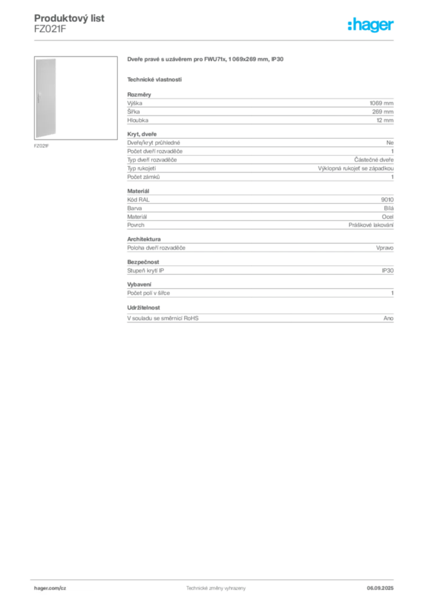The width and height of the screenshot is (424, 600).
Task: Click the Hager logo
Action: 371,25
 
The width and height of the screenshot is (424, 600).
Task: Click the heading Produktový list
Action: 69,18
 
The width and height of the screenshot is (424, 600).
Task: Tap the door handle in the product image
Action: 39,98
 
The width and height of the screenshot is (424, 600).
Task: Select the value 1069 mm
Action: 381,103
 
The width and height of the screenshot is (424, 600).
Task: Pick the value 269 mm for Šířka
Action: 382,112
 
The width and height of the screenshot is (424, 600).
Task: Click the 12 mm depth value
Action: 385,120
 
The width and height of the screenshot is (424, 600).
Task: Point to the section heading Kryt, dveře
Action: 142,134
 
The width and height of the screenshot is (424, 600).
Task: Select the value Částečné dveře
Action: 374,160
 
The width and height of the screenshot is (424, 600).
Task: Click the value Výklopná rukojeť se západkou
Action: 355,168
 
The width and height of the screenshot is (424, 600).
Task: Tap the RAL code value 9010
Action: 387,200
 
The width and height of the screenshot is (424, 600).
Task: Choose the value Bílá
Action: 388,208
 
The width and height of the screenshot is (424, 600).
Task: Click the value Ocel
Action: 388,217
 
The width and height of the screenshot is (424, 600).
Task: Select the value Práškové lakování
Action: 371,225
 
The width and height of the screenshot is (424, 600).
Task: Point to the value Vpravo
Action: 385,248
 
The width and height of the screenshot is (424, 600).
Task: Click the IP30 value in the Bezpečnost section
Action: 387,271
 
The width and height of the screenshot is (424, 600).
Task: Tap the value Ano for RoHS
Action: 388,318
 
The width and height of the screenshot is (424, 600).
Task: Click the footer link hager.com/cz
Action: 50,588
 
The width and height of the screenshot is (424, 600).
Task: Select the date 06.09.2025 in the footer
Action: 380,588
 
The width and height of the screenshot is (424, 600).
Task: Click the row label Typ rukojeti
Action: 142,168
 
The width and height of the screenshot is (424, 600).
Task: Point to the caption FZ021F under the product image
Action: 42,146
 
